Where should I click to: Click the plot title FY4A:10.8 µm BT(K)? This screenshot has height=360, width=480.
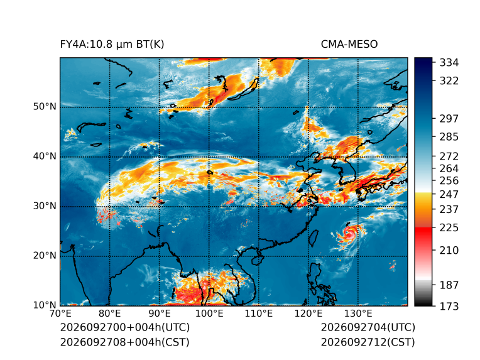tap(112, 45)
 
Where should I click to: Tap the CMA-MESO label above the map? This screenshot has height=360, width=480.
tap(349, 45)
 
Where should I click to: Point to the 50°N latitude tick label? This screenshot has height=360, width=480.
tap(45, 107)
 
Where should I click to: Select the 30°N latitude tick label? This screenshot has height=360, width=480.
tap(45, 205)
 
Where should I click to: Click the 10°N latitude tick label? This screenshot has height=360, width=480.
tap(45, 305)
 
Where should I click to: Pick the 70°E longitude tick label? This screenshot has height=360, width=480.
tap(60, 314)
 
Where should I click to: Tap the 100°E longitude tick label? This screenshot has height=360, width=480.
tap(209, 314)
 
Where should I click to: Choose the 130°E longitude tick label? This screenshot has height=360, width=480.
tap(358, 314)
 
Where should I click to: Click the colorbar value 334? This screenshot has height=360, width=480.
tap(449, 63)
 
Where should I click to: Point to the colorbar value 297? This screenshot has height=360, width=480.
tap(449, 119)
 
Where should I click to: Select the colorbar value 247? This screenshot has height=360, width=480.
tap(449, 194)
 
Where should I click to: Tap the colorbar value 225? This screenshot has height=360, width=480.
tap(449, 228)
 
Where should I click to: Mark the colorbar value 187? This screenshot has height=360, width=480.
tap(449, 285)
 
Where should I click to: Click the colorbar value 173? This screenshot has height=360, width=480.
tap(449, 306)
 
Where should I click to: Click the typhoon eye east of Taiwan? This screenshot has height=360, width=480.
tap(349, 232)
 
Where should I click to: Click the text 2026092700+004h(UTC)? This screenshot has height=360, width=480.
tap(125, 327)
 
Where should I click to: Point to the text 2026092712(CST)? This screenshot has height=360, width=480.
tap(368, 342)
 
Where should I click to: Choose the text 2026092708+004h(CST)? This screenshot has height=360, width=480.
tap(125, 342)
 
